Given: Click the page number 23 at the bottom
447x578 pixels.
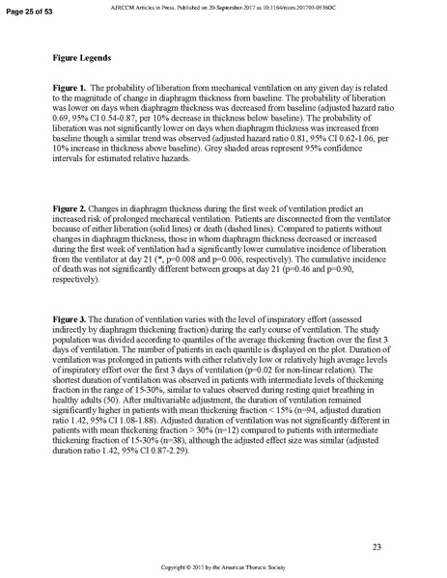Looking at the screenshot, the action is click(376, 547).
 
